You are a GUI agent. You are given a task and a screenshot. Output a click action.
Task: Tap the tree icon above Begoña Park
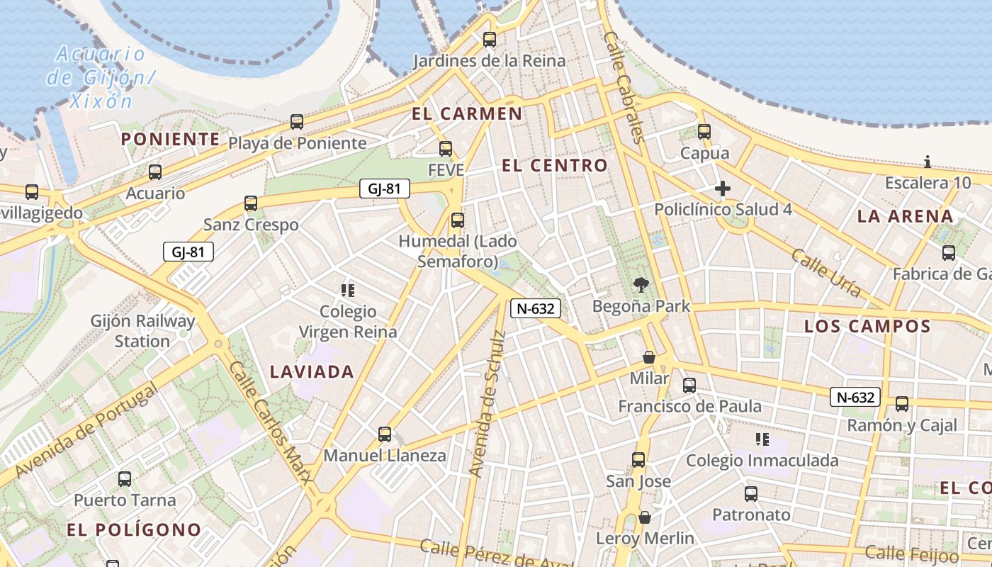point(641,286)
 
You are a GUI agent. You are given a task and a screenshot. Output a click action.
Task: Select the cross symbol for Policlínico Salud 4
point(722,189)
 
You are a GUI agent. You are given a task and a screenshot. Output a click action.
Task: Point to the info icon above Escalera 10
point(928,162)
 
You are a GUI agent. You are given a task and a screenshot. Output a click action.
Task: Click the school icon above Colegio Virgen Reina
point(347,290)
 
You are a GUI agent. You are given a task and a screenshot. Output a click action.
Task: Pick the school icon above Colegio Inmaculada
point(762,439)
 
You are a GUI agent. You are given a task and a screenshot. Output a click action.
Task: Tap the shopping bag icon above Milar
point(648,357)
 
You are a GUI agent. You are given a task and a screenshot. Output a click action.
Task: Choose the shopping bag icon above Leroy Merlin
point(644,517)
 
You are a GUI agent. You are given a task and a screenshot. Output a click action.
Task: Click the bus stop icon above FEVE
point(446,149)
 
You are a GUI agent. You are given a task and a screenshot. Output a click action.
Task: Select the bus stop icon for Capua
point(704,132)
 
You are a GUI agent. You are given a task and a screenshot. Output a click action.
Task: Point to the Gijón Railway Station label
point(142,331)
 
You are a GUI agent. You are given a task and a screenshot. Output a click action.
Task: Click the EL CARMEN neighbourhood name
point(467,113)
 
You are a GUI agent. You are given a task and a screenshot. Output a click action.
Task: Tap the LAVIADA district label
point(312,371)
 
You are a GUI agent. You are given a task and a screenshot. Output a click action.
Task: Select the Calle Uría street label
point(826,273)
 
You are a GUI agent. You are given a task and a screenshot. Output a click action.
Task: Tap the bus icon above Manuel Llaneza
point(385,434)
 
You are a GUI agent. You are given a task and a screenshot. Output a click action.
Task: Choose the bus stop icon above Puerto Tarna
point(125,479)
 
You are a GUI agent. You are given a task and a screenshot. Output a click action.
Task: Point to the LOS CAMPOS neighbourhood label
point(867,327)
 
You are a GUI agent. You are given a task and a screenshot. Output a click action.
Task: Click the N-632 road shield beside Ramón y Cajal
point(855,398)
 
